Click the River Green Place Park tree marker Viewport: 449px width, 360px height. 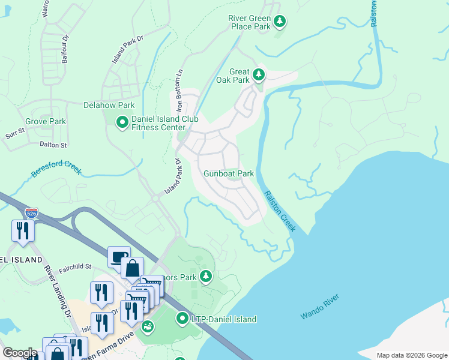click(x=279, y=22)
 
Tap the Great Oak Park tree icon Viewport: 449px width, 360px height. click(x=258, y=75)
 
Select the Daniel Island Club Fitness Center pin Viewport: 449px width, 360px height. click(x=122, y=123)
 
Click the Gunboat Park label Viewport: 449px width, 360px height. click(x=229, y=173)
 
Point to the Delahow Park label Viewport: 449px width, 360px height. click(x=109, y=105)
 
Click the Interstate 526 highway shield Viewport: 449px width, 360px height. click(x=31, y=213)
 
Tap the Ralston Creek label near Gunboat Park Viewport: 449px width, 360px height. click(x=280, y=211)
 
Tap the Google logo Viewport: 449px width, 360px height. click(x=20, y=353)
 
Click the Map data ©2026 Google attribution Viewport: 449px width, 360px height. click(x=411, y=355)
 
